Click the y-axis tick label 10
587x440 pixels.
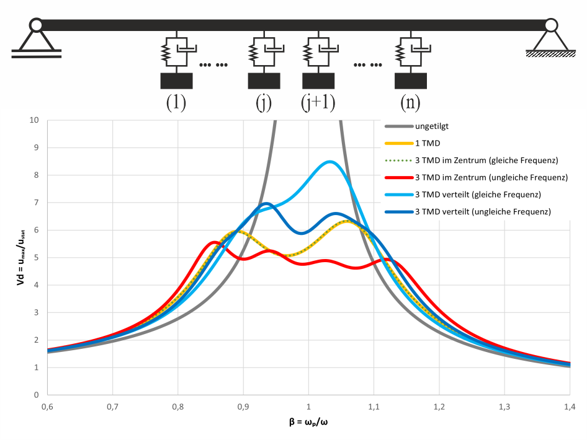point(34,120)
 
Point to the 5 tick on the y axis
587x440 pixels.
point(37,257)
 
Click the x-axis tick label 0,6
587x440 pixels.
point(47,406)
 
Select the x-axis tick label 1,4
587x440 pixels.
point(570,406)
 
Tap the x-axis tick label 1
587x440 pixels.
point(308,406)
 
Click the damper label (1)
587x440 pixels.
point(176,102)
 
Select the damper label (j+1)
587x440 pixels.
point(318,102)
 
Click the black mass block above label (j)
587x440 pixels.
point(264,81)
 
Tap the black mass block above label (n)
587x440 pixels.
point(410,81)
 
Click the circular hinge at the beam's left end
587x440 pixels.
point(36,25)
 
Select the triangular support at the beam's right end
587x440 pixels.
point(551,40)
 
